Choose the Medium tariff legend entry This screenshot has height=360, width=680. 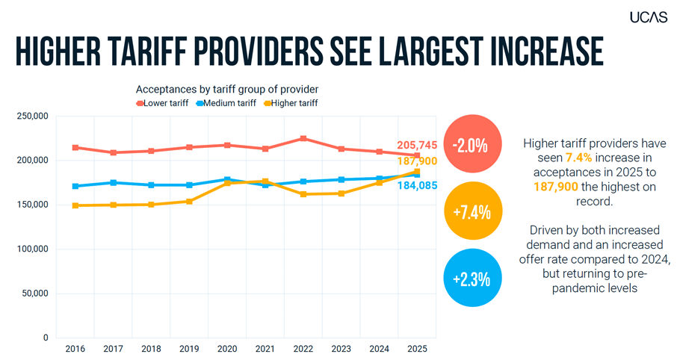[x=229, y=103]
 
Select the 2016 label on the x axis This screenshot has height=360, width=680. [x=75, y=348]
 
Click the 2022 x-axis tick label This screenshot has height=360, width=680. [x=303, y=348]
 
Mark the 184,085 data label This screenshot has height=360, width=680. [x=416, y=185]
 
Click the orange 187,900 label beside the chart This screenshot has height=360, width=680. [x=416, y=161]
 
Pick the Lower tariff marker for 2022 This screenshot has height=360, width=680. [x=303, y=139]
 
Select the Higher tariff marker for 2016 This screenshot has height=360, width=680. [x=75, y=205]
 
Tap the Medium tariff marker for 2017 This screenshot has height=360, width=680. [x=114, y=182]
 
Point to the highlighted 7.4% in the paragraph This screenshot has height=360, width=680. [x=579, y=156]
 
